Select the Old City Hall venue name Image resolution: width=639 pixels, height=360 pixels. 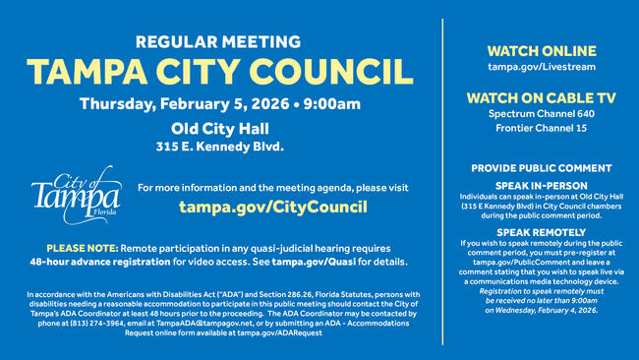tap(219, 128)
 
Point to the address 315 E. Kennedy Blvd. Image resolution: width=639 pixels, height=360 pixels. tap(219, 147)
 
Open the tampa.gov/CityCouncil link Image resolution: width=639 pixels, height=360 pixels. tap(272, 207)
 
